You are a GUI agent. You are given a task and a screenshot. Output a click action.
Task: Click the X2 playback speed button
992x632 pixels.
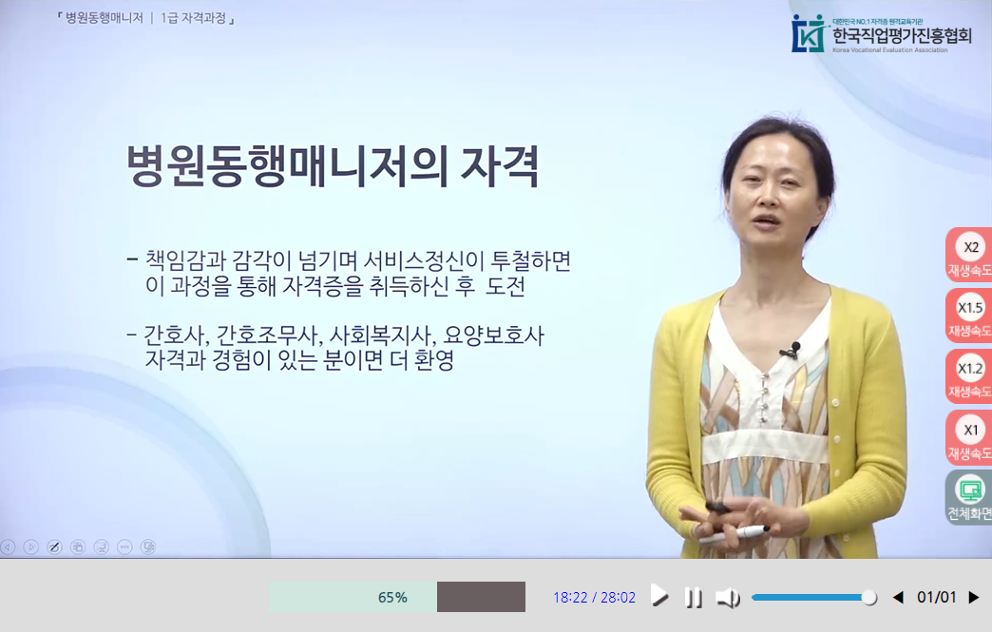pos(970,255)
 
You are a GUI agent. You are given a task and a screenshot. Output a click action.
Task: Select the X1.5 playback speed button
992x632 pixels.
pos(970,316)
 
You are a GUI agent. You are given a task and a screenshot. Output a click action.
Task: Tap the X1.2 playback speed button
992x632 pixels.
pos(970,376)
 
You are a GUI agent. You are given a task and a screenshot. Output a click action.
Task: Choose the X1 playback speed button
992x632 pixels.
pos(970,437)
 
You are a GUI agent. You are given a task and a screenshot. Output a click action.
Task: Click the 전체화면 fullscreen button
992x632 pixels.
pos(970,498)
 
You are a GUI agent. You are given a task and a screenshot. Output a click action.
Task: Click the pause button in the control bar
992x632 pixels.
pos(695,598)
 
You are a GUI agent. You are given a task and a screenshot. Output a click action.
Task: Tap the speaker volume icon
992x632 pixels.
pos(728,598)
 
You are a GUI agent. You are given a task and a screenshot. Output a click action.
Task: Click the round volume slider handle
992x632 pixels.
pos(868,598)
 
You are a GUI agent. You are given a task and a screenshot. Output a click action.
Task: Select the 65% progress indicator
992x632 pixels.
pos(392,597)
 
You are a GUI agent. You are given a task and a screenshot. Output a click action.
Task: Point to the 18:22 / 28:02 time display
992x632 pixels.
pos(594,598)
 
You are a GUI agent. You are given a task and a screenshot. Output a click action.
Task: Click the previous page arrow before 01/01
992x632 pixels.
pos(897,598)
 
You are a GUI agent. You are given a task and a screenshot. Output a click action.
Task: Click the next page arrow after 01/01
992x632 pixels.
pos(973,598)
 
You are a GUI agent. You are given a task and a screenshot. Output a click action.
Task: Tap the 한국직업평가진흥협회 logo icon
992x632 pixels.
pos(809,33)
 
